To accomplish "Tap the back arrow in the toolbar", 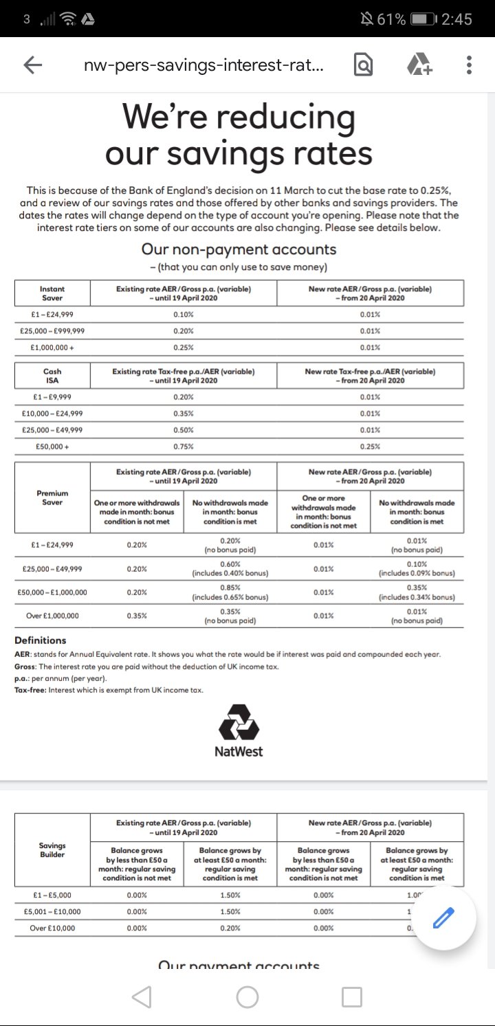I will [x=32, y=65].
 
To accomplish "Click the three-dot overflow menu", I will [x=469, y=65].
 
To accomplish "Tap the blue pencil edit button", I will [x=443, y=918].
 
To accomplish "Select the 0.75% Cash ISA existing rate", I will [x=184, y=447].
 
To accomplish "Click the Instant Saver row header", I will [x=52, y=293].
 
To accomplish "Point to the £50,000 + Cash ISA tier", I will [x=52, y=447].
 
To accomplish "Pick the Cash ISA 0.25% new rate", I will [x=370, y=447].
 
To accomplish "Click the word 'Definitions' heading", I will [x=41, y=640].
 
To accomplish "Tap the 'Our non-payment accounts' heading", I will [x=239, y=249].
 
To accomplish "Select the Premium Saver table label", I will [x=52, y=498].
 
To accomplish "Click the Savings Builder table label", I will [x=52, y=850].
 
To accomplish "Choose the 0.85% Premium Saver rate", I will [x=230, y=588].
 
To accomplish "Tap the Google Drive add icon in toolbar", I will [x=419, y=65].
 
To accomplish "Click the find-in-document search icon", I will [x=363, y=65].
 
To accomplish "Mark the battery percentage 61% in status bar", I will [x=390, y=19].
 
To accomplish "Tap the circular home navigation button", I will [x=247, y=996].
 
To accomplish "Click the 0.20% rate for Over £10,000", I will [x=230, y=928].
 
